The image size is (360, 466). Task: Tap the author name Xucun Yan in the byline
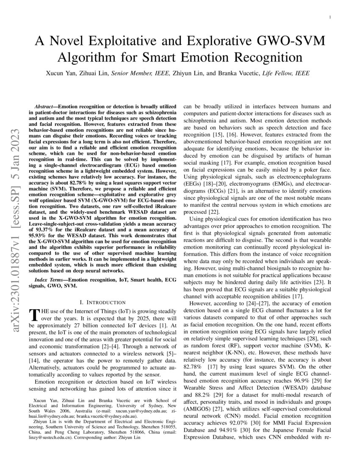click(62, 73)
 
